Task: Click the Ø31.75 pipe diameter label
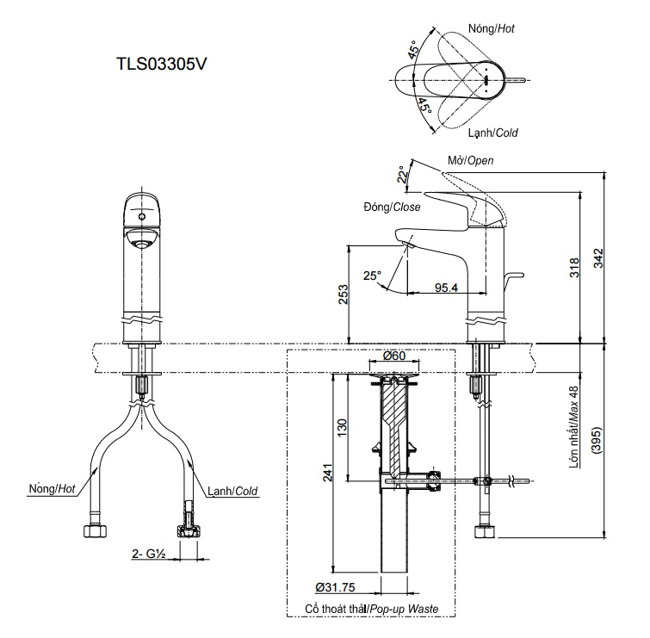click(336, 587)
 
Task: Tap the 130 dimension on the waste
click(341, 426)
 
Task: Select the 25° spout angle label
click(372, 276)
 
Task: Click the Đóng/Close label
click(391, 208)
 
